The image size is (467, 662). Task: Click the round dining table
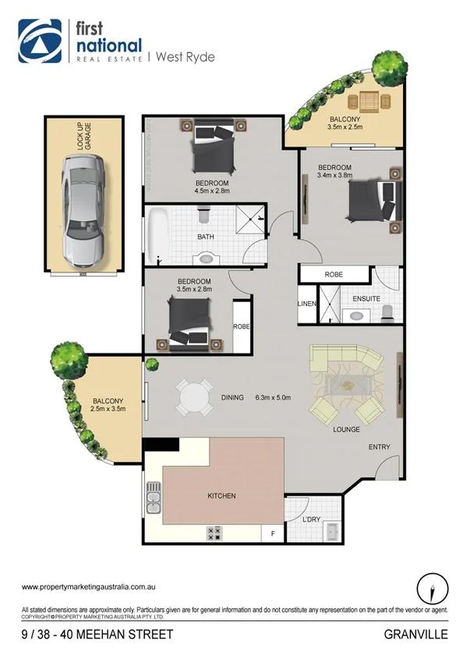193,398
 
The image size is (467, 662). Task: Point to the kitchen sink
154,499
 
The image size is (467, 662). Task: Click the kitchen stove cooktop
214,533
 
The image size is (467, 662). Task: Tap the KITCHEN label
221,496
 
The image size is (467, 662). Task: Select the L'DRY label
313,520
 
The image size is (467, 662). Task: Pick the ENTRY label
379,447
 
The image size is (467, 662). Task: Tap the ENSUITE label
366,298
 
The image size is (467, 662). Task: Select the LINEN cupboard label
306,304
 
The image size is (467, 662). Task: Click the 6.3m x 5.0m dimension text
273,397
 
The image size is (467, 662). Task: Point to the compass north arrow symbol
431,585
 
